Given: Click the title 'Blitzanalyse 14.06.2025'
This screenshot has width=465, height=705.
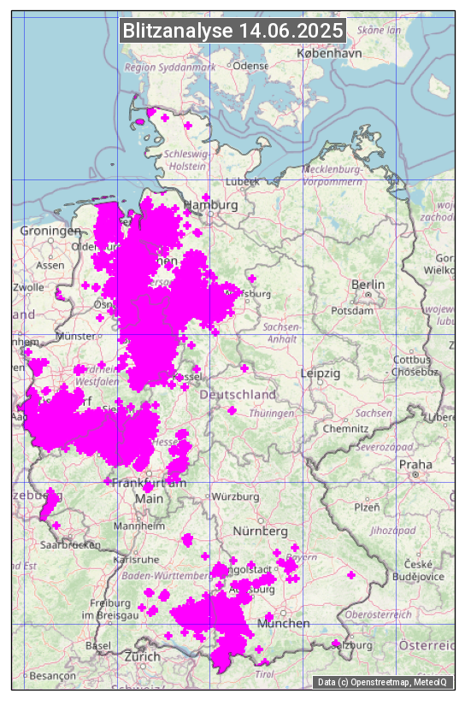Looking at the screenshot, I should click(232, 31).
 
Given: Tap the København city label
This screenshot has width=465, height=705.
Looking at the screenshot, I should click(329, 53).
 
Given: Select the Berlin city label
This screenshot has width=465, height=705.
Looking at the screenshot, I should click(368, 285).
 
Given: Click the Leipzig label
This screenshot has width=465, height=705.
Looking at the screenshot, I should click(321, 373).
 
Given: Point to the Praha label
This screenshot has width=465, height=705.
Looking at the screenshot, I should click(415, 465).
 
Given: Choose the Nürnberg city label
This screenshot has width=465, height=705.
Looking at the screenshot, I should click(262, 532).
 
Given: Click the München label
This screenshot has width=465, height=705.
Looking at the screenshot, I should click(285, 624).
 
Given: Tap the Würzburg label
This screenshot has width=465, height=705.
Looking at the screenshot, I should click(236, 496).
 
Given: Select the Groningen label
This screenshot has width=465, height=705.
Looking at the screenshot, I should click(50, 231).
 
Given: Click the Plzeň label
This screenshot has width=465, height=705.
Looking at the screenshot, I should click(367, 507).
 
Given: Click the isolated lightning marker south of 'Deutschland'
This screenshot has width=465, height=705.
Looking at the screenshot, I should click(232, 411).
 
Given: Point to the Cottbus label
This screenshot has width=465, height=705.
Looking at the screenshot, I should click(411, 361).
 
